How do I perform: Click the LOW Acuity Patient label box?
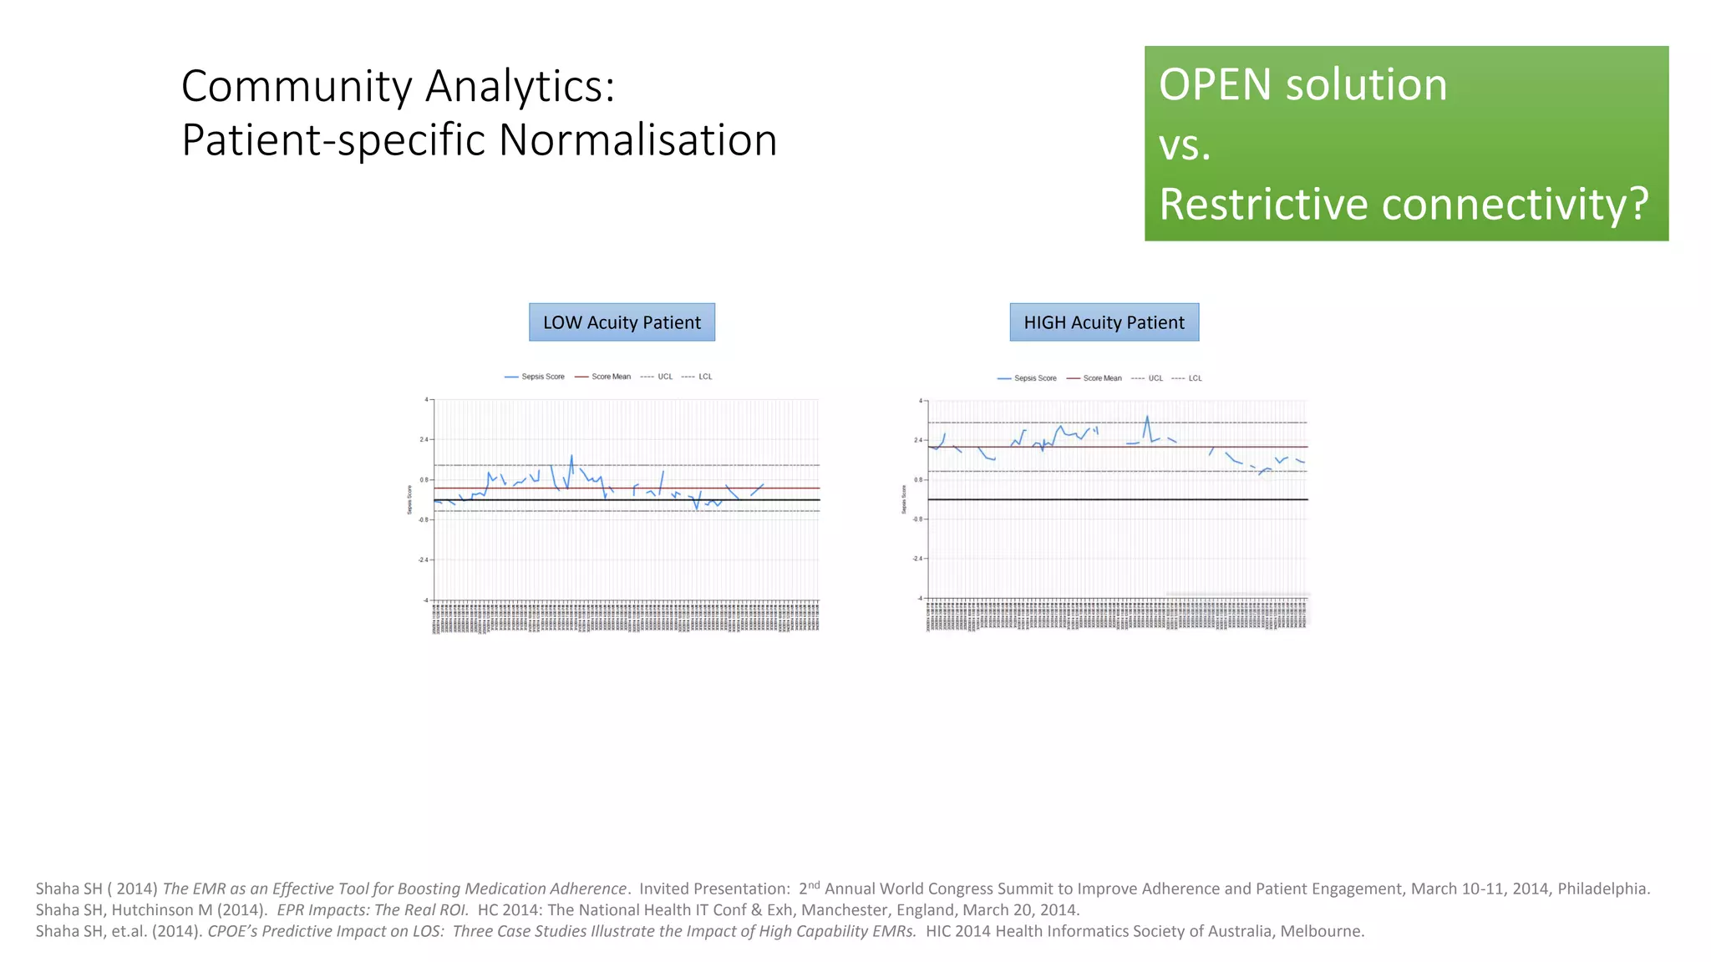click(622, 322)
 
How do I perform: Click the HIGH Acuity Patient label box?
click(1104, 322)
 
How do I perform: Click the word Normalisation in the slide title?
click(637, 139)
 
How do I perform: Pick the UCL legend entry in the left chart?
click(664, 377)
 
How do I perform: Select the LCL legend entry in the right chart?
click(1195, 378)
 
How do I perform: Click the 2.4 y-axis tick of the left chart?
click(424, 439)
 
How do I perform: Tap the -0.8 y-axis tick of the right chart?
click(917, 519)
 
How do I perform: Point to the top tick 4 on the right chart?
click(921, 401)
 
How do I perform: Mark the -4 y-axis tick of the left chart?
click(425, 600)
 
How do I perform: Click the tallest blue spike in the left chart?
click(571, 456)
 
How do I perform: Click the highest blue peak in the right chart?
click(1147, 417)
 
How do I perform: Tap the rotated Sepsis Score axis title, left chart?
click(409, 499)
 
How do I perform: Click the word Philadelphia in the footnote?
click(1602, 889)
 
